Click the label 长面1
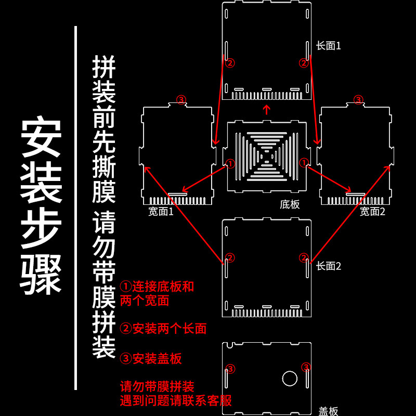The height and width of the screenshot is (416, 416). tap(328, 46)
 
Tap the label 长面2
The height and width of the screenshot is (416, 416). tap(328, 266)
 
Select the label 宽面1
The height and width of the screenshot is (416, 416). tap(161, 211)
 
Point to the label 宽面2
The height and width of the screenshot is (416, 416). tap(372, 211)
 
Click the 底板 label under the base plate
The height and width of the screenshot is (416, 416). tap(290, 204)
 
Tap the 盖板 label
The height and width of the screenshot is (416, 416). tap(328, 411)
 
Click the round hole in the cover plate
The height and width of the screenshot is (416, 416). tap(289, 378)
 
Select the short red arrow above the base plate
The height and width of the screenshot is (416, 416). tap(267, 109)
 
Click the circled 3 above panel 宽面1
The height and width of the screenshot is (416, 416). tap(180, 99)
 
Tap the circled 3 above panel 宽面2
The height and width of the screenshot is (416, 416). tap(358, 99)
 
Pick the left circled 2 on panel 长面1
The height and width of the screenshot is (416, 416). tap(230, 63)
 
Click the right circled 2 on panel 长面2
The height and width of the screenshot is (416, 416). tap(304, 257)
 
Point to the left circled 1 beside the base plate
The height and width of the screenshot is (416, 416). tap(230, 163)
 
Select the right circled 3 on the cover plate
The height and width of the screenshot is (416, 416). tap(306, 367)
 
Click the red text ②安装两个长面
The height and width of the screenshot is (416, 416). tap(163, 328)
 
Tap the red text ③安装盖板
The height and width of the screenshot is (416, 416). tap(151, 358)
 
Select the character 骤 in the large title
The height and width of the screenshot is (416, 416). tap(42, 275)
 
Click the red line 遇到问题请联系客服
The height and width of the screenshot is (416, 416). tap(176, 400)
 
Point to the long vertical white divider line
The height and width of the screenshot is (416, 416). tap(76, 208)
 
